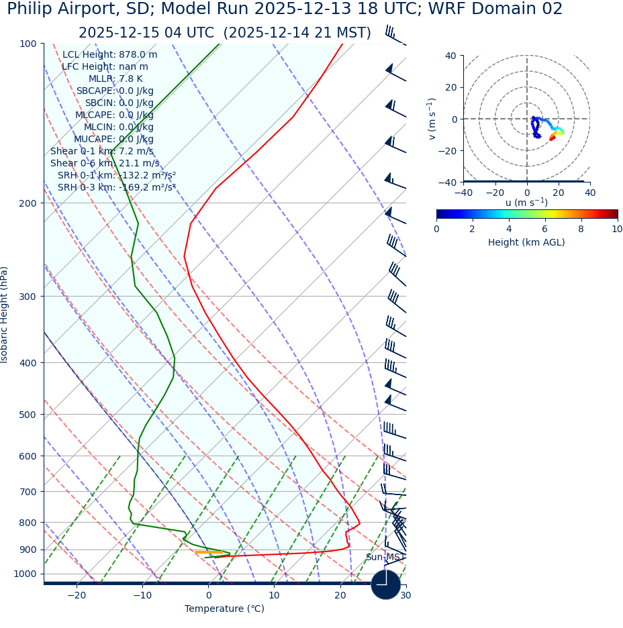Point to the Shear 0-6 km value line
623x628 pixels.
click(x=105, y=164)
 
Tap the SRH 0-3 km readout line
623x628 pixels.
click(x=116, y=188)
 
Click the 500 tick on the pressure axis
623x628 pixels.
click(x=28, y=415)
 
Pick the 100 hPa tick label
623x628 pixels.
click(x=28, y=44)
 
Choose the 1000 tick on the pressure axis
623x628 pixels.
click(x=25, y=574)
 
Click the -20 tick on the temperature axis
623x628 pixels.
click(x=77, y=596)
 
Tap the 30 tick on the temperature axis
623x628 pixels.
click(x=405, y=596)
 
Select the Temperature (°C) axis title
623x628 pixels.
click(x=224, y=609)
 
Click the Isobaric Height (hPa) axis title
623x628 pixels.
click(x=5, y=315)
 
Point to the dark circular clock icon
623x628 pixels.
click(x=385, y=585)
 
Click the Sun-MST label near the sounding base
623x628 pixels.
click(x=384, y=558)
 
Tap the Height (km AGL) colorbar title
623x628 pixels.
click(x=526, y=243)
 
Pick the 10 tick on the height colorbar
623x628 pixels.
click(x=616, y=229)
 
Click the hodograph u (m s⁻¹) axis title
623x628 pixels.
click(x=526, y=203)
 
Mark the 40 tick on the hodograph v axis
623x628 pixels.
click(x=450, y=56)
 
